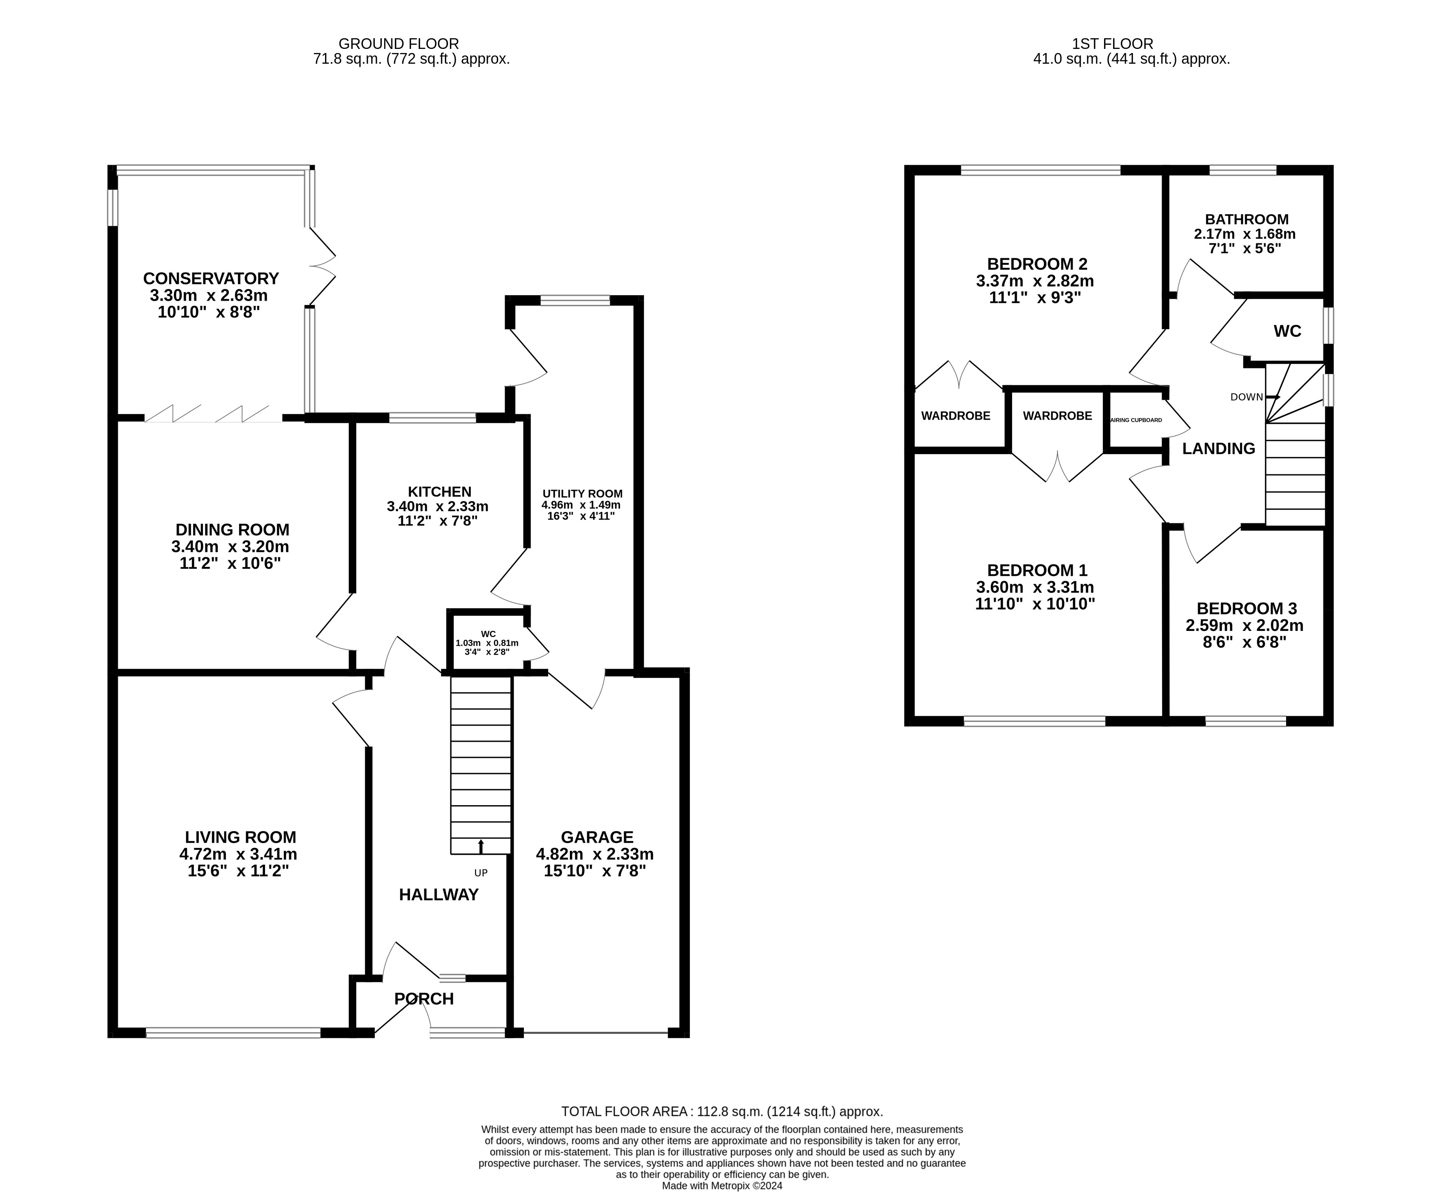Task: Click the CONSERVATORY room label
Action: pos(211,279)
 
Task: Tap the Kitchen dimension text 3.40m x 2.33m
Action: pos(438,506)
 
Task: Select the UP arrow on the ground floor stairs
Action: pos(480,846)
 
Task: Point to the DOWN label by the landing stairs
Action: pos(1247,397)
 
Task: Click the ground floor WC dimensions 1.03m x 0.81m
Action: pos(487,643)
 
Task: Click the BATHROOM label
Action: pos(1247,219)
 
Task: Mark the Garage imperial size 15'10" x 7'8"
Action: pos(595,871)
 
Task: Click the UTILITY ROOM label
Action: pos(583,493)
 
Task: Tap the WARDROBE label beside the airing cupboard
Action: pos(1057,416)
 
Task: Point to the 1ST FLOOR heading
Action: pos(1113,44)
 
